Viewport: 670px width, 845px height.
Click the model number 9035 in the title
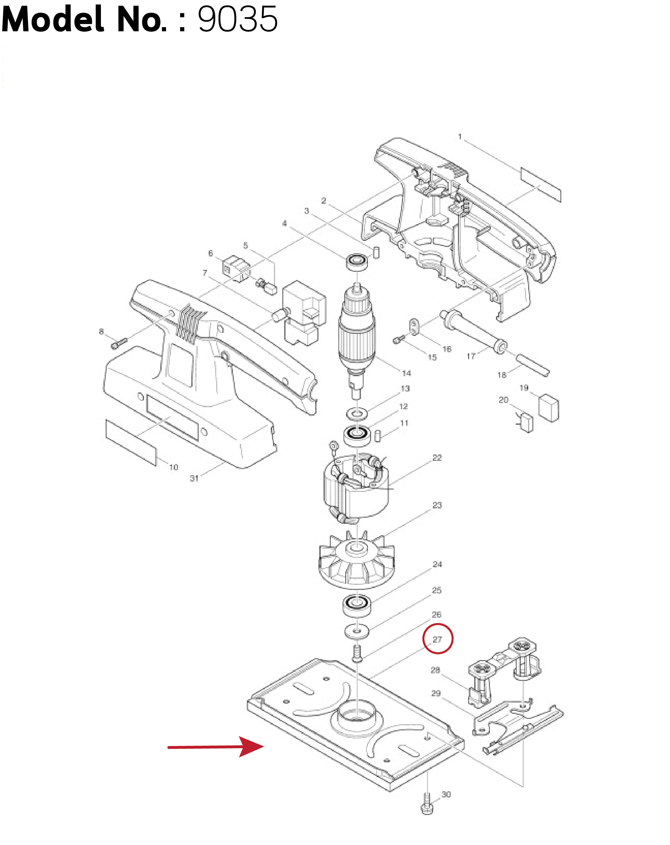tap(238, 19)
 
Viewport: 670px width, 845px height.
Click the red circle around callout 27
tap(438, 639)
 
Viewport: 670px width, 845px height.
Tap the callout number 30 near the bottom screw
tap(446, 795)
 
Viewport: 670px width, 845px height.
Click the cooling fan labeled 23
tap(356, 560)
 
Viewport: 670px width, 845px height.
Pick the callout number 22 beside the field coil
tap(437, 458)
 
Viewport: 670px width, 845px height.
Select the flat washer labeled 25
tap(357, 631)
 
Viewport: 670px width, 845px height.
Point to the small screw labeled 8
tap(119, 344)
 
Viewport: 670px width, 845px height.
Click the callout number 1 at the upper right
tap(460, 137)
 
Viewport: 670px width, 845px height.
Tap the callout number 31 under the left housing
tap(194, 478)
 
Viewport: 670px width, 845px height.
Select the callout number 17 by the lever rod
tap(471, 356)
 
